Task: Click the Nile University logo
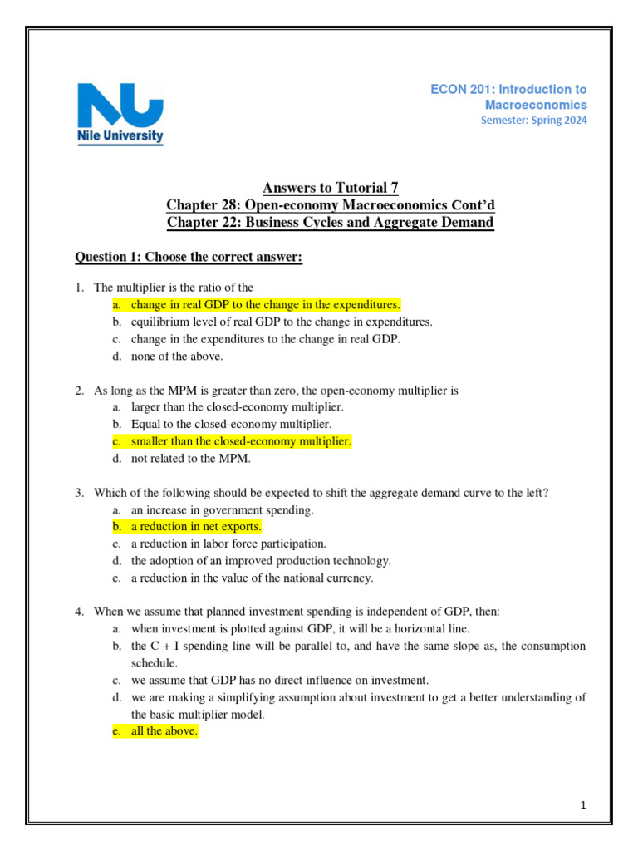pos(120,113)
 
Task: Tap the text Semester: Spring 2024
pos(533,121)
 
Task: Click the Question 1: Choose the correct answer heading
pos(189,258)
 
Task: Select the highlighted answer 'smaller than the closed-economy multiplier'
pos(241,441)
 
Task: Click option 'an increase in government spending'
pos(222,509)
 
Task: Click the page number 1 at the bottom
pos(585,804)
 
